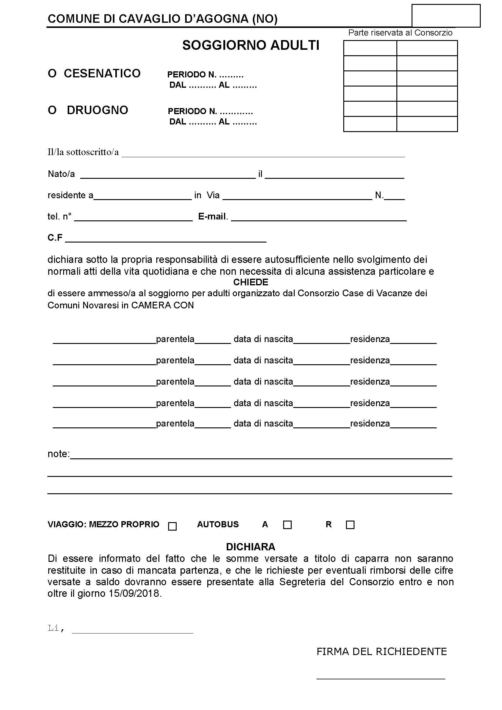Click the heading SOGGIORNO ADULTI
pos(251,46)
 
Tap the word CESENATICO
pos(102,73)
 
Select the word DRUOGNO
pos(97,110)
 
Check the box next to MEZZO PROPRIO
pos(172,526)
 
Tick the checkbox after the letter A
pos(287,525)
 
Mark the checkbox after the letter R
pos(350,525)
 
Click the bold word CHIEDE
pos(251,282)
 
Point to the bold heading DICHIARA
pos(251,547)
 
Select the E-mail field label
pos(213,216)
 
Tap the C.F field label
pos(55,237)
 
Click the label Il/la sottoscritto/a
pos(83,152)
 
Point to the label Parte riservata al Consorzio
pos(400,33)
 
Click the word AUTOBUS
pos(218,525)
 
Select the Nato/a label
pos(61,174)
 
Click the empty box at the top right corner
pos(446,16)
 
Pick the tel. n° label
pos(60,216)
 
